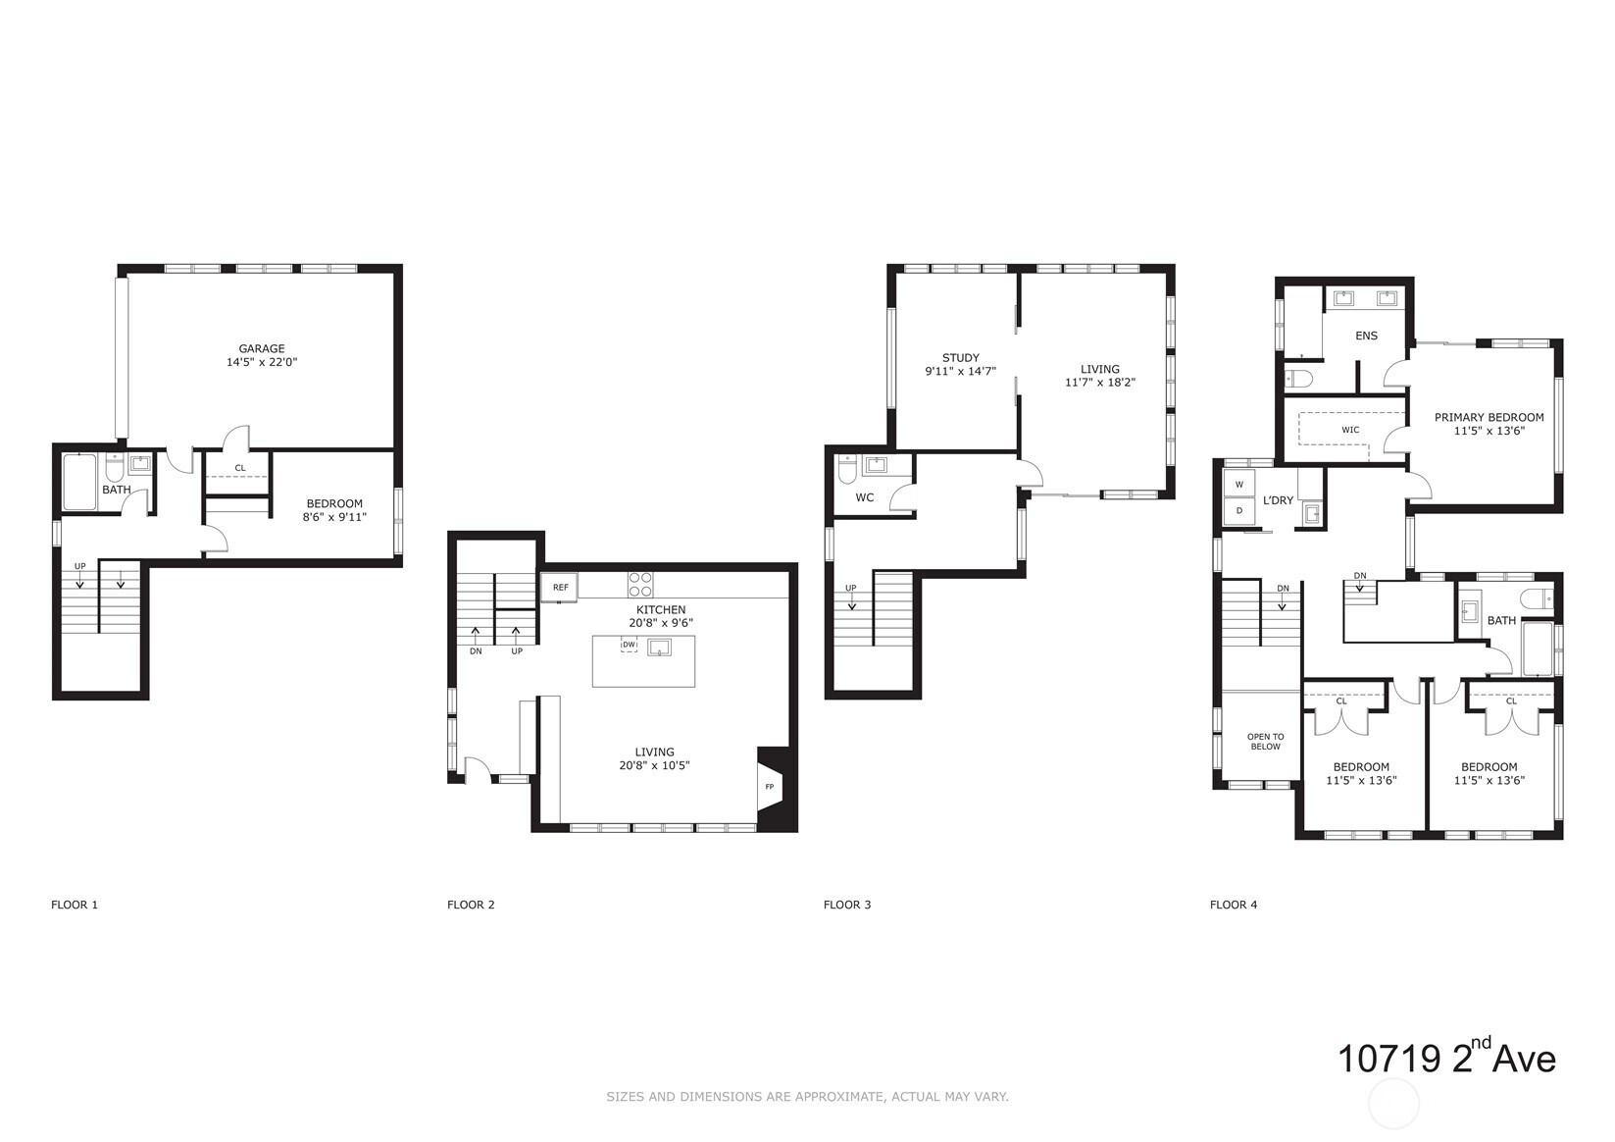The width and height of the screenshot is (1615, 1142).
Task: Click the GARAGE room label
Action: (x=262, y=348)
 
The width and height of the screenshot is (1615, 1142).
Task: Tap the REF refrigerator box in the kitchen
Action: (x=560, y=588)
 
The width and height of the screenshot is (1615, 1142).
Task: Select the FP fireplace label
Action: (x=770, y=786)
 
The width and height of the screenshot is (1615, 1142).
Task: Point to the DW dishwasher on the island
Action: (x=630, y=645)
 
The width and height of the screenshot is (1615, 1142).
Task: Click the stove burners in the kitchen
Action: (x=640, y=585)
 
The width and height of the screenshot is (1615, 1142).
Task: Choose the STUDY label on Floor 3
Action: (x=961, y=358)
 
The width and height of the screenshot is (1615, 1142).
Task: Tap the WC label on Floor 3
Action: (x=865, y=497)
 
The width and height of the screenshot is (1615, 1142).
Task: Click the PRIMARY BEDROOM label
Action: (x=1489, y=418)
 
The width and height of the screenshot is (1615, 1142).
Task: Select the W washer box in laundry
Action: (x=1239, y=484)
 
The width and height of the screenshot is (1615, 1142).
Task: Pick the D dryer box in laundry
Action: (x=1239, y=511)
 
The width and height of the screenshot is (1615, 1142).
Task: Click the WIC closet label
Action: (x=1350, y=430)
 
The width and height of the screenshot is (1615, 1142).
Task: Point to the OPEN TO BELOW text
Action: (x=1265, y=742)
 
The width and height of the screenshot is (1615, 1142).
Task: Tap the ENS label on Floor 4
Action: (x=1366, y=336)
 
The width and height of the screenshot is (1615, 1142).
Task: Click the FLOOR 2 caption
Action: (x=471, y=905)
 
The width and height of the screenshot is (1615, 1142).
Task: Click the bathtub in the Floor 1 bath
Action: (x=80, y=482)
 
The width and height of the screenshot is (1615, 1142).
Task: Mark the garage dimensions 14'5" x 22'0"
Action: (x=262, y=362)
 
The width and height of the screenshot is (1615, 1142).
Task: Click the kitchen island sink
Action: (x=659, y=648)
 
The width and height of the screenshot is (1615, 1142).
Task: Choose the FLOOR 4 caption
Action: (x=1234, y=905)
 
